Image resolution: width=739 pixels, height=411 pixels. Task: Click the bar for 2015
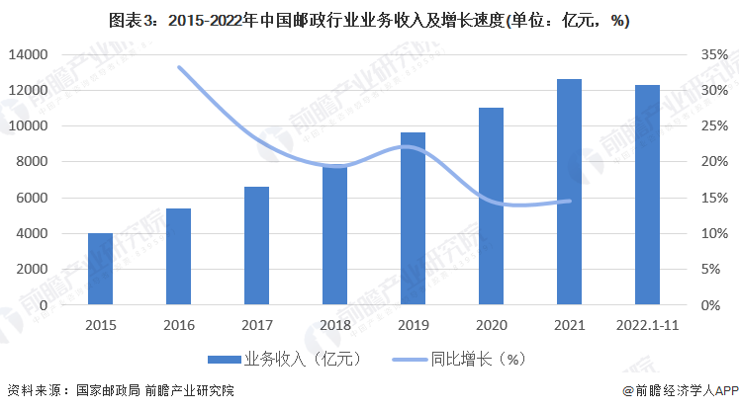point(100,269)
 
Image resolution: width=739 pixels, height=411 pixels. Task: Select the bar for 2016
point(178,257)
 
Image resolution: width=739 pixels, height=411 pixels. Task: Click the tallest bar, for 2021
point(569,192)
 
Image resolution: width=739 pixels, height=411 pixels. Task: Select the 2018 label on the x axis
point(334,323)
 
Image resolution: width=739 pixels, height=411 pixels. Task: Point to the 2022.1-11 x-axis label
point(647,323)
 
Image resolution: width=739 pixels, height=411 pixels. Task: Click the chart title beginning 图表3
point(369,20)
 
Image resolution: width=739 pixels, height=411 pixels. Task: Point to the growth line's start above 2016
point(179,67)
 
